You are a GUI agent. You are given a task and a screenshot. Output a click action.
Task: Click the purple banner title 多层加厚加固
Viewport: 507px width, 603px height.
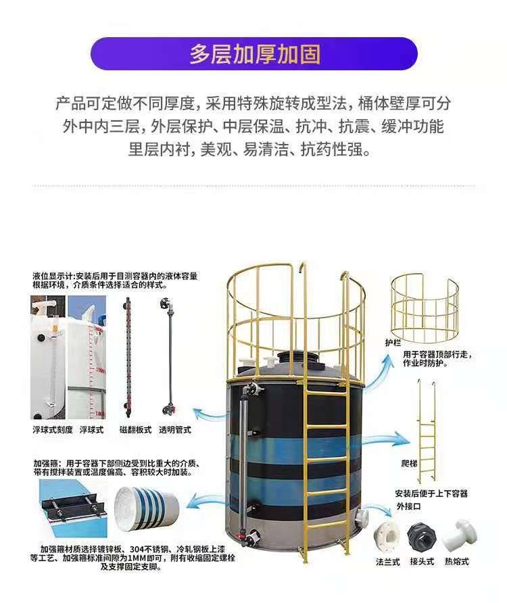point(255,55)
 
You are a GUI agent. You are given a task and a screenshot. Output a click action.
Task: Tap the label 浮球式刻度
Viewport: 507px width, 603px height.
point(53,429)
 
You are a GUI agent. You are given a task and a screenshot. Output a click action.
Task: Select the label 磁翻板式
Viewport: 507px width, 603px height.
point(135,429)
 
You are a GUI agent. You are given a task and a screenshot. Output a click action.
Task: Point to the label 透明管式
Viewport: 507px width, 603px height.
point(175,429)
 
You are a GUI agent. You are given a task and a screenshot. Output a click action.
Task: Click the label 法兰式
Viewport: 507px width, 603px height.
point(388,562)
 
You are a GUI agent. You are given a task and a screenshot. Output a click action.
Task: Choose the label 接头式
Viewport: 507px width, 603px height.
point(422,562)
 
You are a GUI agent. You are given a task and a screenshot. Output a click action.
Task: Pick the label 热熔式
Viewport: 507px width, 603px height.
point(457,562)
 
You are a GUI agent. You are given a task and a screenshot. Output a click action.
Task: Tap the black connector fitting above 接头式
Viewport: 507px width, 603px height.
point(422,537)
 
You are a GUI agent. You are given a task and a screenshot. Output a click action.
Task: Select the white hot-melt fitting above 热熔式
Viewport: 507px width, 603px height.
point(459,535)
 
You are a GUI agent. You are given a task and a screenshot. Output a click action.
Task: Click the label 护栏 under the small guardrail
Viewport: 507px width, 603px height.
point(393,342)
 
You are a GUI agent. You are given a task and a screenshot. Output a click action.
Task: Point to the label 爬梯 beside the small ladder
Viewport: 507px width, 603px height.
point(409,463)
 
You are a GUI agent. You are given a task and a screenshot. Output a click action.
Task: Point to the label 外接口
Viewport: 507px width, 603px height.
point(408,506)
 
